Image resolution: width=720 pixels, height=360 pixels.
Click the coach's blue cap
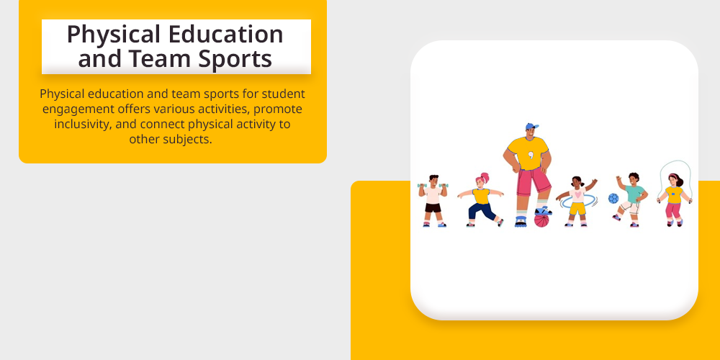(532, 126)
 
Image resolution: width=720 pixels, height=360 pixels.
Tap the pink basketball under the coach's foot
(541, 220)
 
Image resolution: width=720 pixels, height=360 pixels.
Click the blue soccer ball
(613, 199)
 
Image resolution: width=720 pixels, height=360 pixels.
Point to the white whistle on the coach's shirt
(531, 155)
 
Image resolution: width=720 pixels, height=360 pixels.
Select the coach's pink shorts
(534, 181)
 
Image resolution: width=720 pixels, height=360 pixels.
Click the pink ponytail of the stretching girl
(484, 177)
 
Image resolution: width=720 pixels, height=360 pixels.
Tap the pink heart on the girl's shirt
(577, 194)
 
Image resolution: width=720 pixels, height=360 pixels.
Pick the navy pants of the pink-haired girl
(482, 211)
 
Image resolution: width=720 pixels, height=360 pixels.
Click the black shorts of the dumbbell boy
(433, 207)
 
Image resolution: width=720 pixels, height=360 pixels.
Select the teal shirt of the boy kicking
(635, 194)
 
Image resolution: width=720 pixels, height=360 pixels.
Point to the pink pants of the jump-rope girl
(674, 211)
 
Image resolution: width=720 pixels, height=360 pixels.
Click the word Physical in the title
(114, 35)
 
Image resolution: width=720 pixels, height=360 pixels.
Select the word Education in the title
(225, 34)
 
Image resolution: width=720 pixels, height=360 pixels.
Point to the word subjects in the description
(188, 140)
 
